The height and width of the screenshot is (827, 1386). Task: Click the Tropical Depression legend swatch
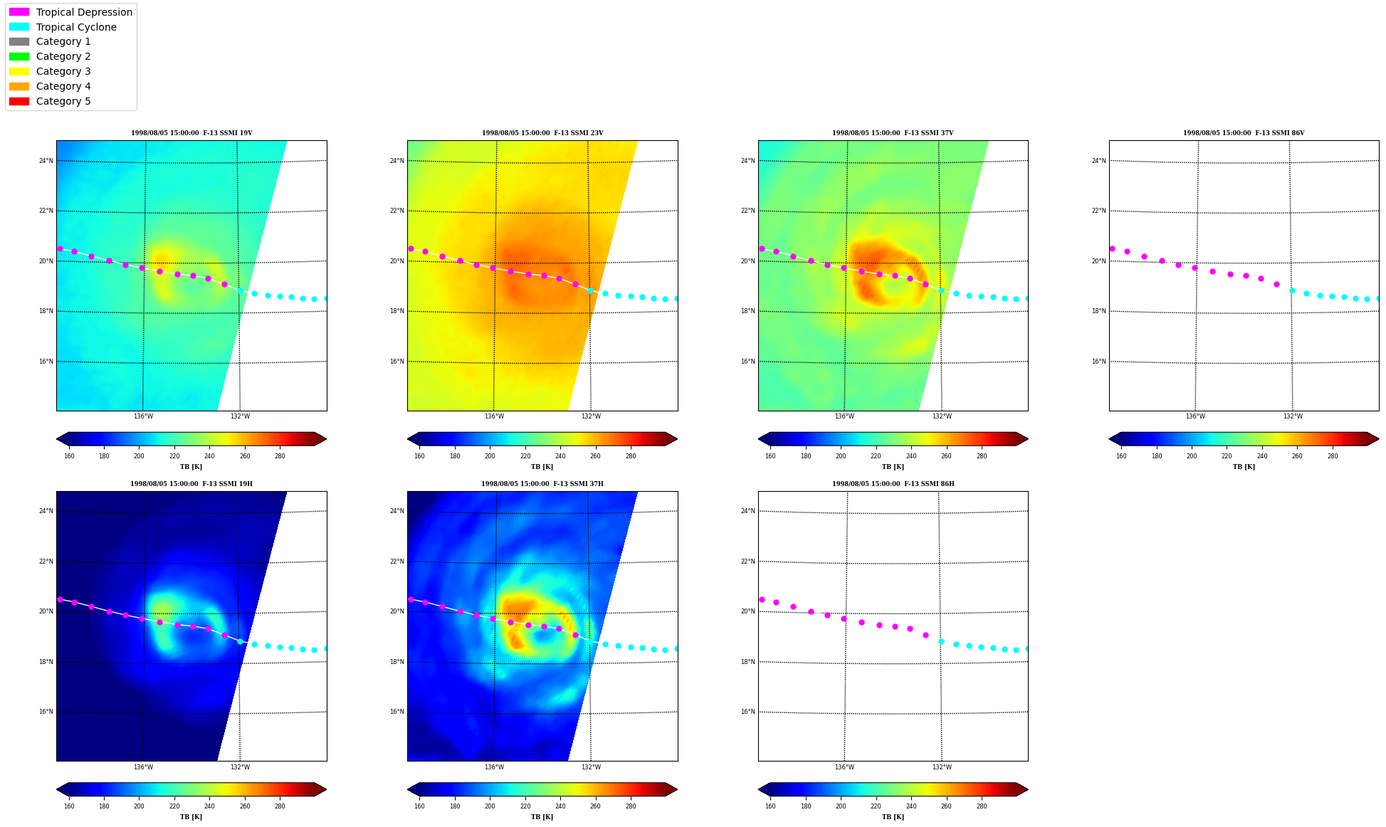19,12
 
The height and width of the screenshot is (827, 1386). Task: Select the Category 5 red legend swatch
19,101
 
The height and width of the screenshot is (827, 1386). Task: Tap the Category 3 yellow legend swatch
19,71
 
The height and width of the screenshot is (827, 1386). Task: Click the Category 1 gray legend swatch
19,41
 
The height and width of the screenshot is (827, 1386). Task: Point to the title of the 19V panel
191,133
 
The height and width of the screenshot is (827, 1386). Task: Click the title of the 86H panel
893,484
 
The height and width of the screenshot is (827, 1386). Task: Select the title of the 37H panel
542,484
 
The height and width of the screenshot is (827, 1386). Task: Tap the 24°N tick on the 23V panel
397,161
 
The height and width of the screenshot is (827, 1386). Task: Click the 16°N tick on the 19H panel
46,712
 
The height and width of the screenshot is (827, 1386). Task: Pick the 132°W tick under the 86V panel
1293,416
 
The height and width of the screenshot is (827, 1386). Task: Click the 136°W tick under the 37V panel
844,416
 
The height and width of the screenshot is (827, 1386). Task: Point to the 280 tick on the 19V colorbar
280,456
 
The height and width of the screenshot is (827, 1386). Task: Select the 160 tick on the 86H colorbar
770,806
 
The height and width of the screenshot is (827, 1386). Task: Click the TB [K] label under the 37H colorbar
542,817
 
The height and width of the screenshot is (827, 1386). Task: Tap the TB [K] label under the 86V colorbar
1244,467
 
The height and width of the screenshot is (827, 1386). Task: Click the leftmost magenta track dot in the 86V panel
1112,248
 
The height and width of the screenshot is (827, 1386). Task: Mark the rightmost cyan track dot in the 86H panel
1027,648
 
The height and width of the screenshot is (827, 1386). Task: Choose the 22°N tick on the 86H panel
747,562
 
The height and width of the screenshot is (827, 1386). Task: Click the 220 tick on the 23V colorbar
525,456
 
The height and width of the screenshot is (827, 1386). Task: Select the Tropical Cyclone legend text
76,27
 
